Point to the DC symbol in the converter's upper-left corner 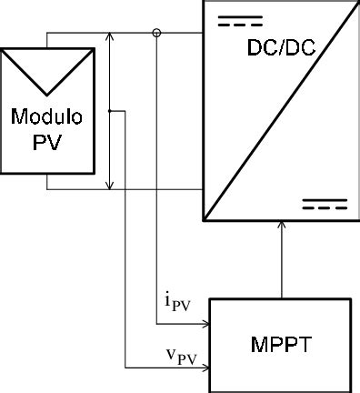(239, 19)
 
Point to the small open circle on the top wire (156, 34)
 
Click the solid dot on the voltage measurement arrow (110, 111)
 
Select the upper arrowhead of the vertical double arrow (110, 37)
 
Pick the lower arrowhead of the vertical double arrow (110, 185)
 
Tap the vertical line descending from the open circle (156, 182)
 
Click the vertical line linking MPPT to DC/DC (282, 264)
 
